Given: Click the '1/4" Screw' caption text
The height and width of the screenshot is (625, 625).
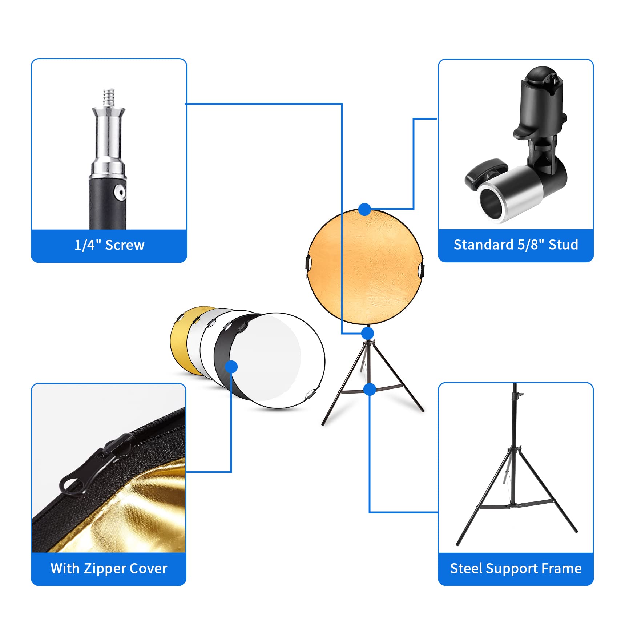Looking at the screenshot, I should click(x=109, y=245).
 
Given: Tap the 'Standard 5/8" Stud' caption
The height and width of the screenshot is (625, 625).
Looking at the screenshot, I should click(x=516, y=245).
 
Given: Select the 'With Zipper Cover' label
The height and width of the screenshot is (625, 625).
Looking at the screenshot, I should click(x=109, y=568).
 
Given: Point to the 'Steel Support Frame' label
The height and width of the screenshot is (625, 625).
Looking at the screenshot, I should click(x=516, y=568).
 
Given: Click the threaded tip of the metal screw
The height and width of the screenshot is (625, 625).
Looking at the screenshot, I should click(x=109, y=97).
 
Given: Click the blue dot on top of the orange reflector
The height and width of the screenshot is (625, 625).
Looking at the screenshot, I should click(x=364, y=209).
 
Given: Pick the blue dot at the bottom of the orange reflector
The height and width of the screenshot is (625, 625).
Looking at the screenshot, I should click(x=368, y=333).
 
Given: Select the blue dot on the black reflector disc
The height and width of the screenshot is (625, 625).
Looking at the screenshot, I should click(x=231, y=367).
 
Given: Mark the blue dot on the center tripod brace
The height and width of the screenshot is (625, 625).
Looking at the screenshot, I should click(x=370, y=389).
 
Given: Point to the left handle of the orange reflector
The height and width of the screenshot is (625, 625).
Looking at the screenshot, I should click(x=308, y=263).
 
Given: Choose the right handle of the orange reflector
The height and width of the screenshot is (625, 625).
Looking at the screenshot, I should click(x=422, y=269).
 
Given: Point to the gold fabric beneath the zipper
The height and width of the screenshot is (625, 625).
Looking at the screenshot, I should click(x=153, y=516).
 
